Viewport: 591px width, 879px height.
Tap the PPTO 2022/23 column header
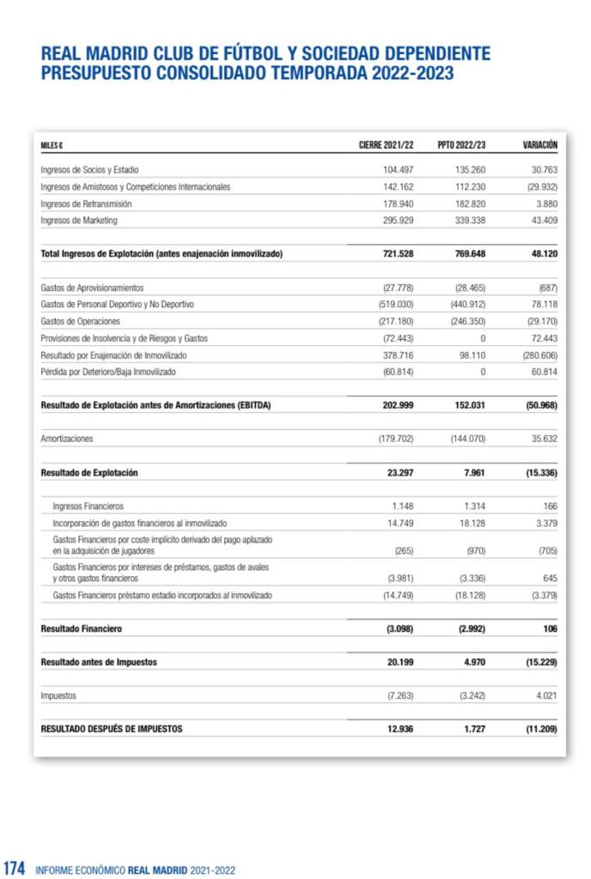[461, 145]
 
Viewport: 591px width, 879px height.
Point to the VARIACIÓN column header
[540, 145]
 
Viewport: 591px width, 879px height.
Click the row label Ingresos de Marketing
[79, 220]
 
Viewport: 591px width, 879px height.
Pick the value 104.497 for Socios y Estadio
[398, 170]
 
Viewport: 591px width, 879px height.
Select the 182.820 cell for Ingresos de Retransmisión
[471, 203]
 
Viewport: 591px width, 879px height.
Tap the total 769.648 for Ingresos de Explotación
[470, 254]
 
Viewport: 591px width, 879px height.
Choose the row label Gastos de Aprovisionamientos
[92, 288]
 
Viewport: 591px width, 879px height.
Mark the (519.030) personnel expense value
[396, 304]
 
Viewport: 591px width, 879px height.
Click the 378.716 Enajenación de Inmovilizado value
[398, 355]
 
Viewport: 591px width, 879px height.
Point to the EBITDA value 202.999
[398, 405]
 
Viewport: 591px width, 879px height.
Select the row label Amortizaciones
[67, 439]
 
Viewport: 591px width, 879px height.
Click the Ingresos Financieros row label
[88, 506]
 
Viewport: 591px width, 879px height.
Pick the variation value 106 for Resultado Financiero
[549, 628]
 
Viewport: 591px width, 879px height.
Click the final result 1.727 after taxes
[473, 729]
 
